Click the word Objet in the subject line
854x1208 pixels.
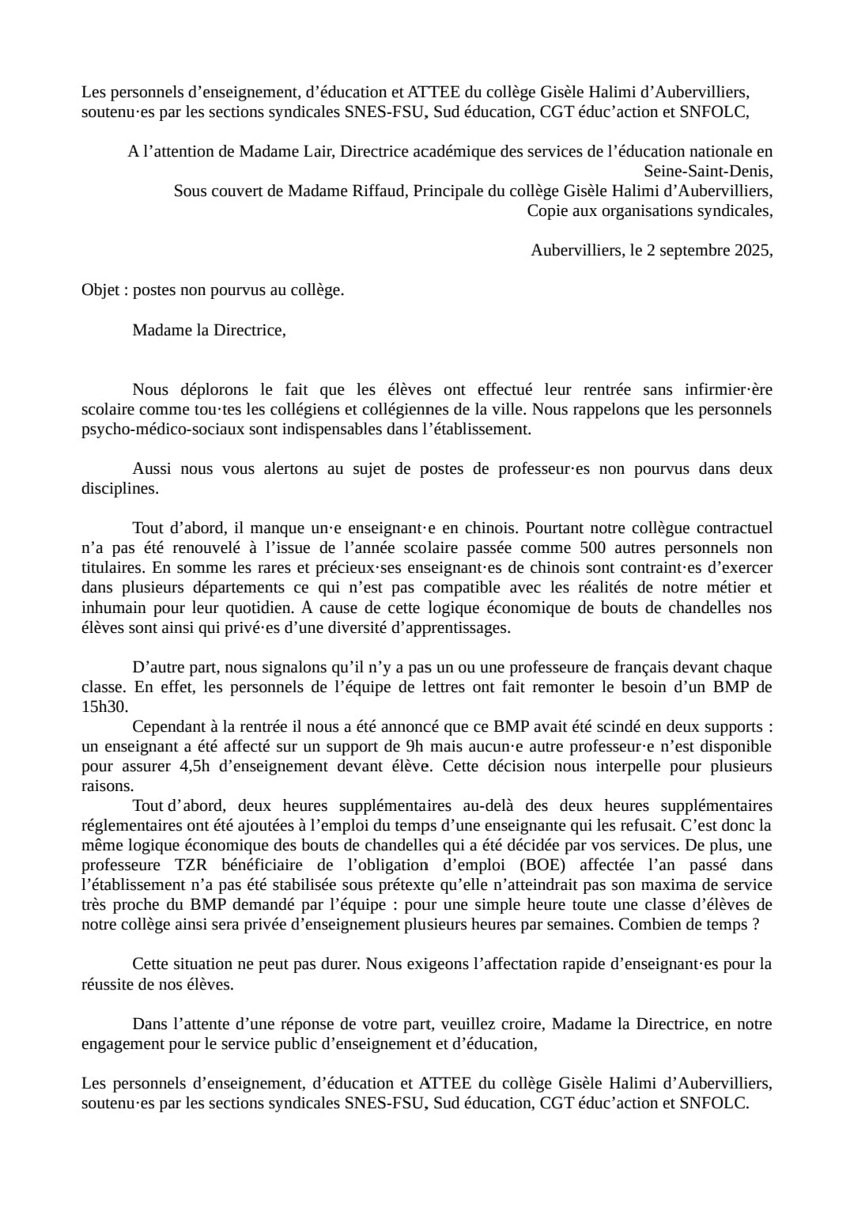(x=100, y=290)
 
